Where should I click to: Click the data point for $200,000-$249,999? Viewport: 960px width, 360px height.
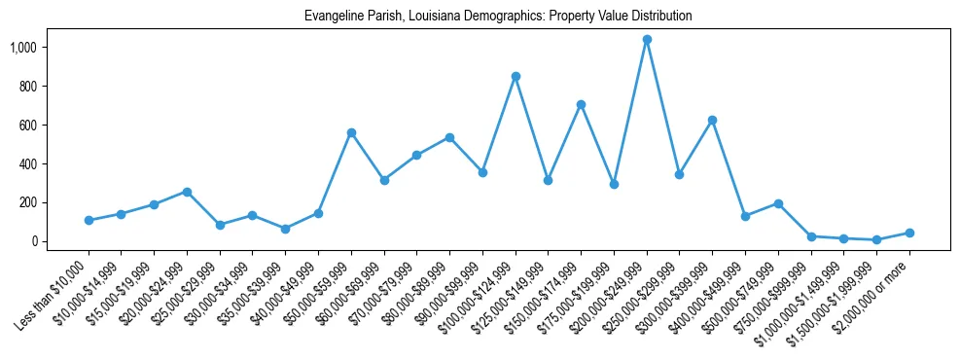pyautogui.click(x=647, y=40)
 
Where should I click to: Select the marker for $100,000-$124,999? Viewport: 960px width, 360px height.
pyautogui.click(x=516, y=76)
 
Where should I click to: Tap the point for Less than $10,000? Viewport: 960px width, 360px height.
pyautogui.click(x=89, y=220)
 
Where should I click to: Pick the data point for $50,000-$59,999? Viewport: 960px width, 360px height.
pyautogui.click(x=351, y=132)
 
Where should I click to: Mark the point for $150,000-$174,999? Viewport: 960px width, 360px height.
pyautogui.click(x=581, y=104)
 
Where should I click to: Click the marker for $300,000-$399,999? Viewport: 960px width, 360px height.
pyautogui.click(x=712, y=120)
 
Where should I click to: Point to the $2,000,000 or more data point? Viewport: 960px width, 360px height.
pyautogui.click(x=909, y=233)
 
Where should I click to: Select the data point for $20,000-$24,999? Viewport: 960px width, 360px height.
pyautogui.click(x=187, y=192)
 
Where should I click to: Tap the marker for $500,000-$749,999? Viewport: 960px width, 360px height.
pyautogui.click(x=778, y=203)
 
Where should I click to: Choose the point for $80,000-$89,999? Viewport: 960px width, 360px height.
pyautogui.click(x=449, y=137)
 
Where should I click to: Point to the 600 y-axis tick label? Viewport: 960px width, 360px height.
pyautogui.click(x=27, y=126)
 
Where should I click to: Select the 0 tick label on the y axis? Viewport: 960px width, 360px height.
pyautogui.click(x=33, y=241)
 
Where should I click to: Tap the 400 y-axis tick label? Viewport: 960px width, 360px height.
pyautogui.click(x=27, y=164)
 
